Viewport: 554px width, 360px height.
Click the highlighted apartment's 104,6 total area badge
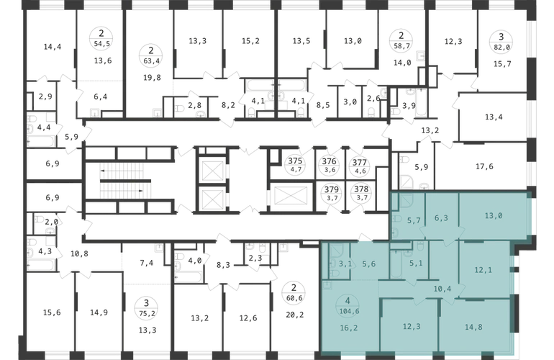348,305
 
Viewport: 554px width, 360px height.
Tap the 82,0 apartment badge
501,42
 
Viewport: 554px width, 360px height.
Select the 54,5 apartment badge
101,39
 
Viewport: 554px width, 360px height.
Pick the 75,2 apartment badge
146,308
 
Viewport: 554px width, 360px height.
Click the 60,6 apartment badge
294,293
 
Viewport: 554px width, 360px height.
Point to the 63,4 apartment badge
151,55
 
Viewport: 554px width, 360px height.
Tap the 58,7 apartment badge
401,40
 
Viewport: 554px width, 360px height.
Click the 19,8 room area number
152,78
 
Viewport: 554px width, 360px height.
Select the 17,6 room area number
484,166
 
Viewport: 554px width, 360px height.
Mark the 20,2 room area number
295,315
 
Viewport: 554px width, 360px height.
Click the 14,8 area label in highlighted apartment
473,327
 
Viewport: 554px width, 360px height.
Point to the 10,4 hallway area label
442,289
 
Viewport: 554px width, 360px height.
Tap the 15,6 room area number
52,312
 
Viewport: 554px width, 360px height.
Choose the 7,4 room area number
146,263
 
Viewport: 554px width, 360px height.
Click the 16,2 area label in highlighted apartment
349,328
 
